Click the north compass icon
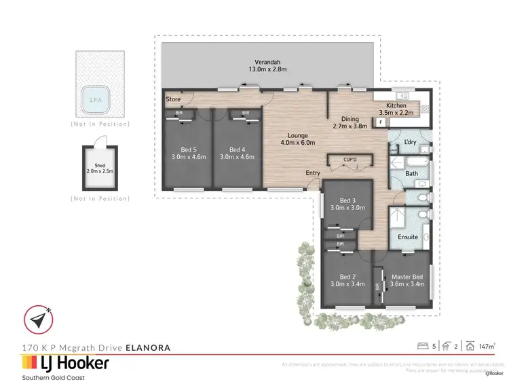point(38,319)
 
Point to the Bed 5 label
point(185,154)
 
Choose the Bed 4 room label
point(237,154)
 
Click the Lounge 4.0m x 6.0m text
point(297,139)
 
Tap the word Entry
point(312,173)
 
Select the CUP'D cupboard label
point(350,160)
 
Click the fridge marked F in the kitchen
point(381,122)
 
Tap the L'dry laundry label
point(409,141)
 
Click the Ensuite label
point(409,237)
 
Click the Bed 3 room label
point(347,205)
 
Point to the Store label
point(173,99)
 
